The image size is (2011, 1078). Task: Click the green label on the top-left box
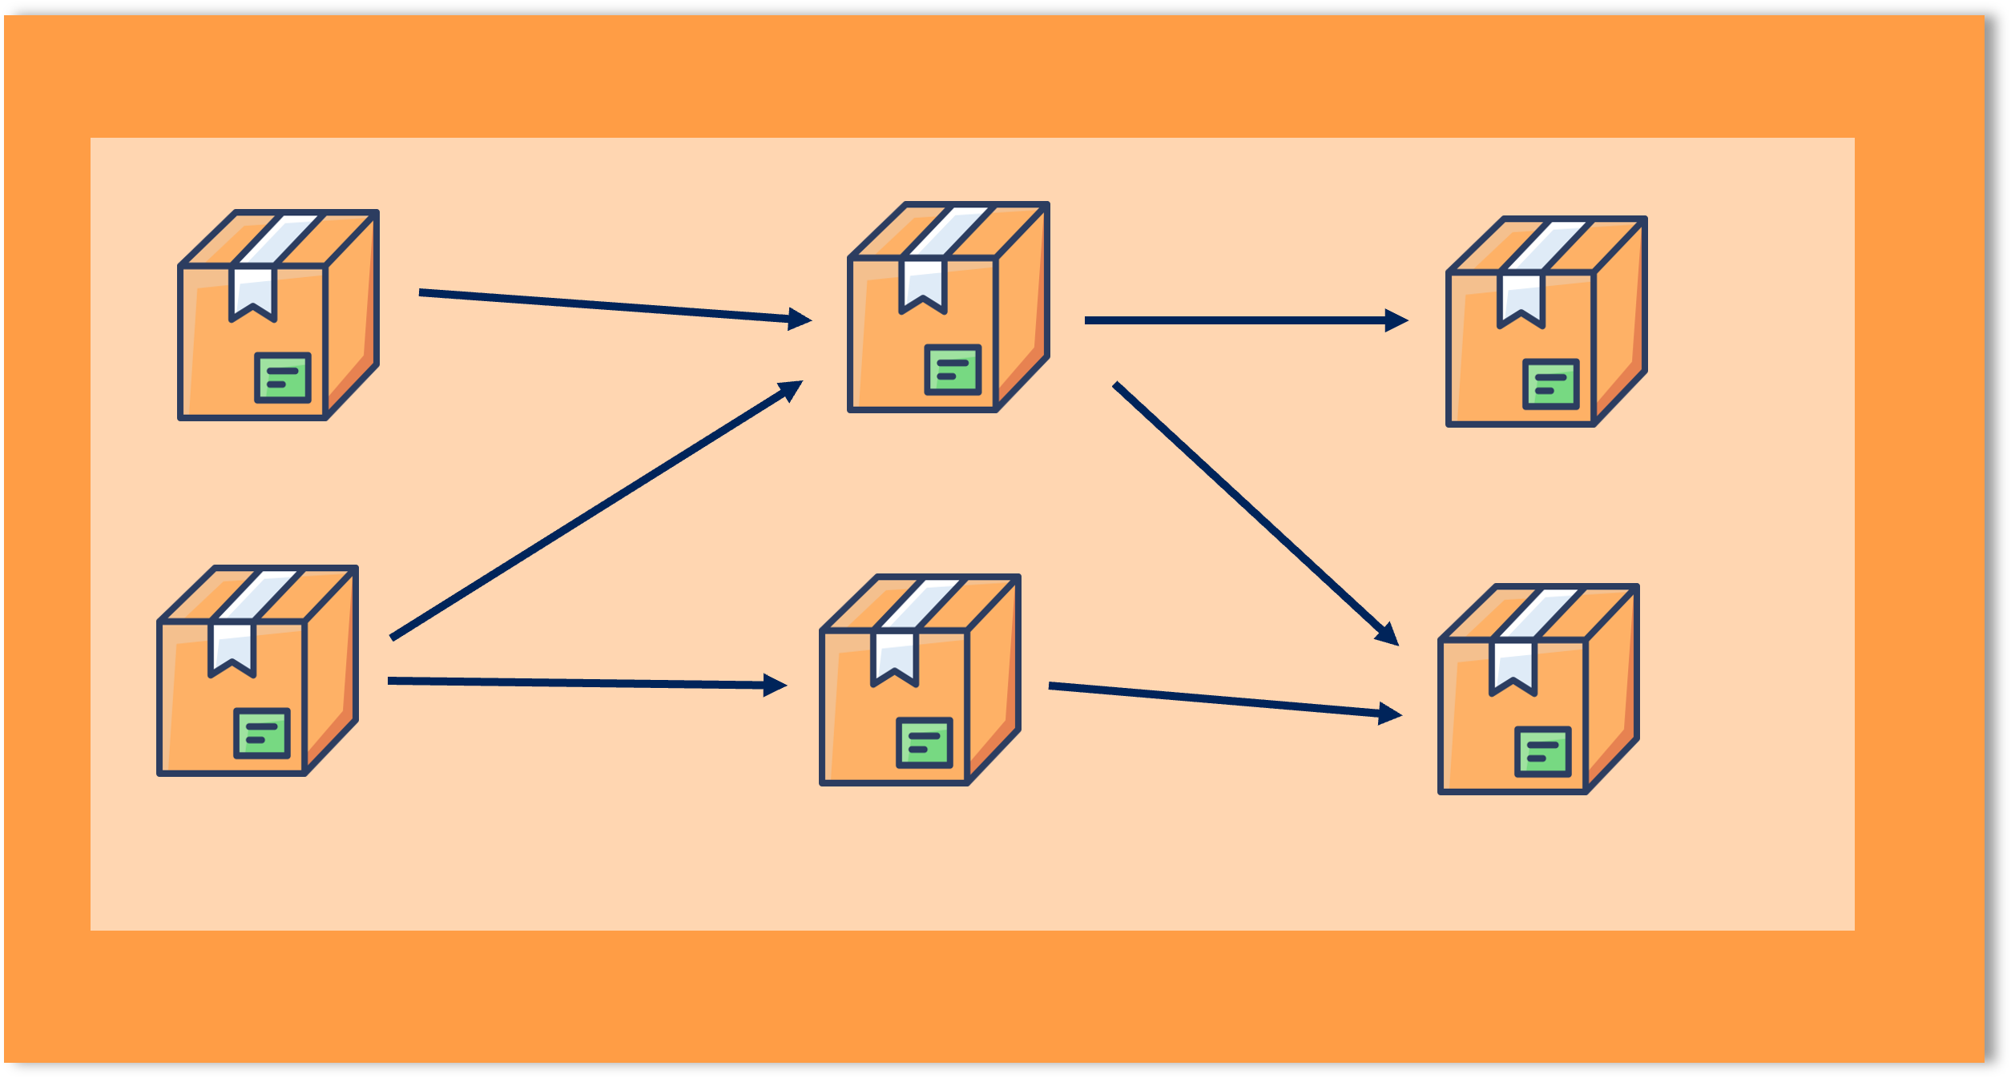[283, 377]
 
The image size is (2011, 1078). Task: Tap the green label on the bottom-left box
[262, 733]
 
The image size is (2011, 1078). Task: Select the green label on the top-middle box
[953, 369]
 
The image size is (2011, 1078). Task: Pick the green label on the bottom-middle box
[925, 742]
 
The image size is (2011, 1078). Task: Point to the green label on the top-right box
[1551, 384]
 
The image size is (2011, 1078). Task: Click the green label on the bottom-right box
[1543, 751]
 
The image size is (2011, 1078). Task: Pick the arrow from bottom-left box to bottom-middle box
[577, 682]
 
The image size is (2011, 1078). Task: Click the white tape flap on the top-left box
[253, 292]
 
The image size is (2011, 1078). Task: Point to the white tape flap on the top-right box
[1521, 299]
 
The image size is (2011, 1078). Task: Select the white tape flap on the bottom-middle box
[894, 658]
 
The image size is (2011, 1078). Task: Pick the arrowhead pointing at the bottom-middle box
[774, 685]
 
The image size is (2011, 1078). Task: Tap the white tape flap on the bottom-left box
[232, 648]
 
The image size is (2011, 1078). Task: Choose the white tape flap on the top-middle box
[923, 284]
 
